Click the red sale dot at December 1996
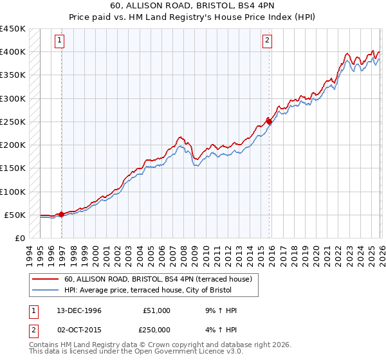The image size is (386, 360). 62,214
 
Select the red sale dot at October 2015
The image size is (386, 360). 269,122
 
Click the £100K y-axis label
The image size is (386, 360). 13,192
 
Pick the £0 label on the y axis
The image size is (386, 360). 20,238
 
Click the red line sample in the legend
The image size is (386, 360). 46,279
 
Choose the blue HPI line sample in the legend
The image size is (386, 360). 46,290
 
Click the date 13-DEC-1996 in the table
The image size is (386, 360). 79,310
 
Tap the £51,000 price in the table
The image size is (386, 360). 157,310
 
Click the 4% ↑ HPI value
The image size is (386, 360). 222,330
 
